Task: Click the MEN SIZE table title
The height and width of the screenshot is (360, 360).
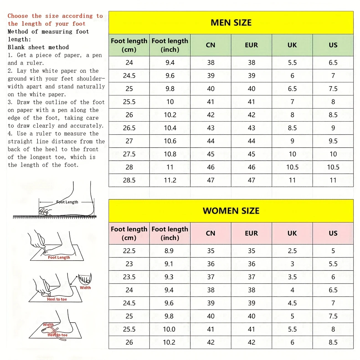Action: (231, 23)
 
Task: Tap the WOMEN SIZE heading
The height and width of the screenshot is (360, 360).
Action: (231, 211)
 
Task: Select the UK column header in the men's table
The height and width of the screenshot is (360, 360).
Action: (292, 45)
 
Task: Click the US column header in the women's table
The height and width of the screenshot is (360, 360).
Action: (333, 233)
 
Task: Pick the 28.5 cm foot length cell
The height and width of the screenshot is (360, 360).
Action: (129, 180)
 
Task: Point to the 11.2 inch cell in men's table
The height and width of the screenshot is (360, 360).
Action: (170, 180)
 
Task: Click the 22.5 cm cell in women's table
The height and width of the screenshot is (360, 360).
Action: (129, 251)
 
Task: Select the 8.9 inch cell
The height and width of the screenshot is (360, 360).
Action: (169, 251)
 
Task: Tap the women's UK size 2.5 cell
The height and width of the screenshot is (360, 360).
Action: (292, 251)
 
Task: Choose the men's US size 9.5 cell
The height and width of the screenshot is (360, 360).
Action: (333, 141)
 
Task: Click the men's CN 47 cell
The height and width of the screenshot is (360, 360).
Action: (211, 180)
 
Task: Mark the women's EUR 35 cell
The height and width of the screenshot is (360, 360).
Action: (251, 251)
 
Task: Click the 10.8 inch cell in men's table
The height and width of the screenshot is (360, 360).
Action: (170, 154)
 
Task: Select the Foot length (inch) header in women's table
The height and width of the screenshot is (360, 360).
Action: (170, 233)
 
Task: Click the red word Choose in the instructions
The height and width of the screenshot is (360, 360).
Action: (18, 16)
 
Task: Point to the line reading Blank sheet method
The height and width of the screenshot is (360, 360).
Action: (38, 47)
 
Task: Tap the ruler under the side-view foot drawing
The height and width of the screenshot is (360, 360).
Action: (55, 217)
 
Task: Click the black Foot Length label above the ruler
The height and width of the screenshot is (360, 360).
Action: (67, 202)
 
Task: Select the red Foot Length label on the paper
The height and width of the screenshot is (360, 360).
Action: (59, 258)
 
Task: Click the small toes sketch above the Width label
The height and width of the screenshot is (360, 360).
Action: (85, 279)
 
